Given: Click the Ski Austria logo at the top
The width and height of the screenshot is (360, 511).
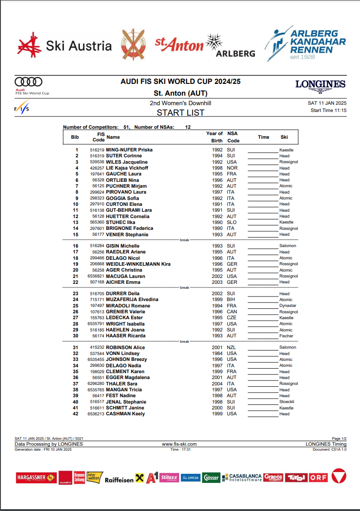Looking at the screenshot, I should point(64,46).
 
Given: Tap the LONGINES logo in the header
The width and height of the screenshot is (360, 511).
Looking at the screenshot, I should point(320,85).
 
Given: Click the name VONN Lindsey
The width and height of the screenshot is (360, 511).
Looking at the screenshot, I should point(122,354).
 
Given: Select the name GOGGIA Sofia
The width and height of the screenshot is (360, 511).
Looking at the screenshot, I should point(122,198).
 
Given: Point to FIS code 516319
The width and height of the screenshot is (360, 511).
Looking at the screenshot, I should point(97,156).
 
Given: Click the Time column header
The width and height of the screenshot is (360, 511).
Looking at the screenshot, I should point(263,137).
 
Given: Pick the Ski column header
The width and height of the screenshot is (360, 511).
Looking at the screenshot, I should point(284,137).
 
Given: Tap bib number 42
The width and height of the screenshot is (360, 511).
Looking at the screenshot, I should point(75,414).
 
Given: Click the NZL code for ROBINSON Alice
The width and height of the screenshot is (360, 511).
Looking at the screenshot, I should point(232,348).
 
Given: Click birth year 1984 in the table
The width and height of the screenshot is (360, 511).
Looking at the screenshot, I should point(217,354).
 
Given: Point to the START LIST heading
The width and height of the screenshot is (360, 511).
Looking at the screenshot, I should point(180,113).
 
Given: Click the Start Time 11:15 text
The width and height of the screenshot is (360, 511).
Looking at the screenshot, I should point(328,110).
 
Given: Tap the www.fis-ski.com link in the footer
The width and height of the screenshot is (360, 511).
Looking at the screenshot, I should point(180,444).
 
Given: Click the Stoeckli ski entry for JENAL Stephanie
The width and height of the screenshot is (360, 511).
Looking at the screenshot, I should point(287,402).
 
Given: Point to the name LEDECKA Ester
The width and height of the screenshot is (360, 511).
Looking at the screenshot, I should point(124,318).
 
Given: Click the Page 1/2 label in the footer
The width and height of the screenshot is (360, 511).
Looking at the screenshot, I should point(339,439).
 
